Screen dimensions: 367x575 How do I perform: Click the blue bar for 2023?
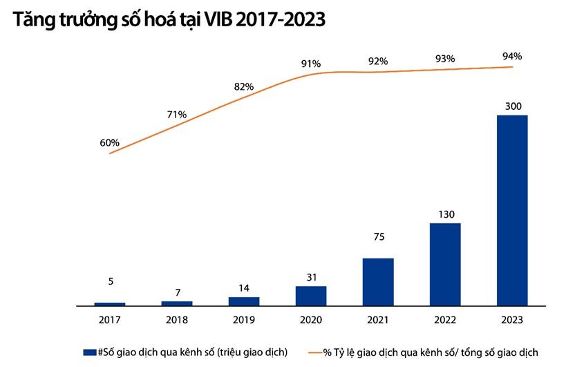[x=512, y=210]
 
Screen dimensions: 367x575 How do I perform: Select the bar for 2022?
[x=445, y=264]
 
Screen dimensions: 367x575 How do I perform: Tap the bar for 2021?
[x=377, y=281]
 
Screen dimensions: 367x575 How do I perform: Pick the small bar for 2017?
[x=109, y=303]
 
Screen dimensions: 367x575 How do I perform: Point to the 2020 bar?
[x=311, y=295]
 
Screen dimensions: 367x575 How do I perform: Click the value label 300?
[x=513, y=106]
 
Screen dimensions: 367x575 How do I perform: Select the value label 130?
[x=446, y=214]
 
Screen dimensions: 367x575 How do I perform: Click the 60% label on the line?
[x=109, y=143]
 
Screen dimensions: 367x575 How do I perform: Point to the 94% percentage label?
[x=513, y=57]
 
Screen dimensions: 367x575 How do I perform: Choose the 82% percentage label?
[x=243, y=87]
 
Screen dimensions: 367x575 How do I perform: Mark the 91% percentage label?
[x=311, y=64]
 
